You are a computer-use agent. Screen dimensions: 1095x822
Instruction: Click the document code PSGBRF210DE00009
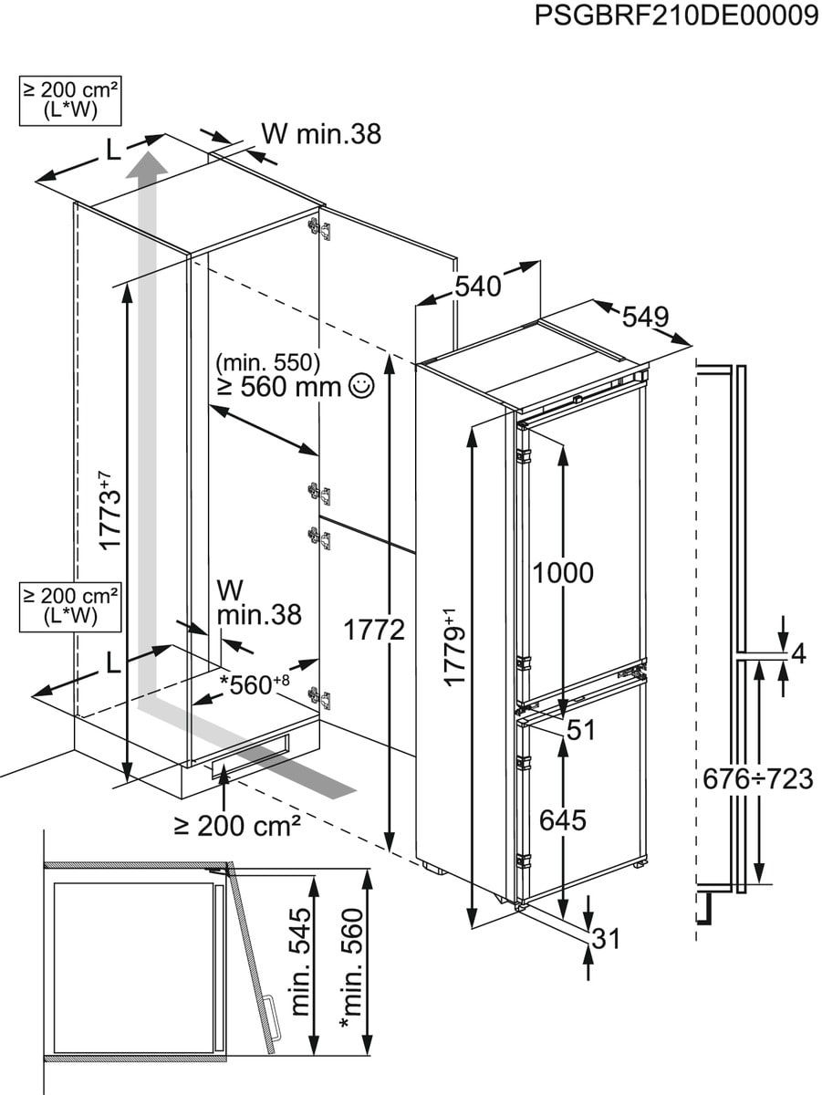click(676, 17)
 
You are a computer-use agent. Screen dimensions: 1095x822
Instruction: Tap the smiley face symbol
click(361, 387)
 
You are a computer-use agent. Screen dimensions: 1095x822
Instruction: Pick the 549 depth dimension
click(645, 318)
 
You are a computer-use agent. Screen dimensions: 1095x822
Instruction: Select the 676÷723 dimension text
click(757, 778)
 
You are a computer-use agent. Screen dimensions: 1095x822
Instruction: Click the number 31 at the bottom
click(608, 938)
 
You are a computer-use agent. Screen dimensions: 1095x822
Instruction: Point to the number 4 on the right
click(799, 653)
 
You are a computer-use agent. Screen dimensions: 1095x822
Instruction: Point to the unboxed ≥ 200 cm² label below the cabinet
click(238, 826)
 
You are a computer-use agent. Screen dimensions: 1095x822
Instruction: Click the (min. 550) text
click(268, 363)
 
